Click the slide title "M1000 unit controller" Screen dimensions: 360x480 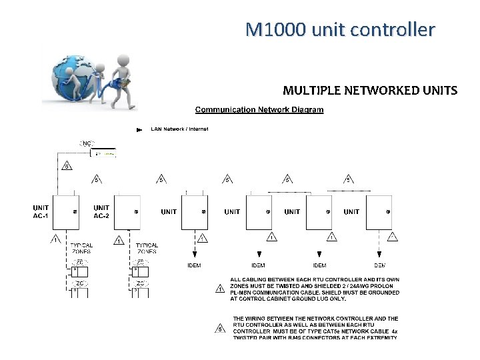pyautogui.click(x=340, y=29)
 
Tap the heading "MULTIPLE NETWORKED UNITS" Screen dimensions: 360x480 pyautogui.click(x=370, y=90)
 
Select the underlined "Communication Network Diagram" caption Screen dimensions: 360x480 pyautogui.click(x=259, y=109)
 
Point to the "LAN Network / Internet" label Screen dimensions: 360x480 pyautogui.click(x=179, y=129)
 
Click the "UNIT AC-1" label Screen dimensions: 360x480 pyautogui.click(x=41, y=211)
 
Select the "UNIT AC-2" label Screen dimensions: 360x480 pyautogui.click(x=101, y=211)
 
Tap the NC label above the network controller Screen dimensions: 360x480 pyautogui.click(x=87, y=143)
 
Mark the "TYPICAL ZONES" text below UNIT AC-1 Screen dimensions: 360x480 pyautogui.click(x=81, y=249)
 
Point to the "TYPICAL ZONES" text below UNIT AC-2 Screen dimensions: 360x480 pyautogui.click(x=147, y=249)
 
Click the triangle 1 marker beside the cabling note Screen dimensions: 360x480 pyautogui.click(x=220, y=289)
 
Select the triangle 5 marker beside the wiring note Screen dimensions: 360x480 pyautogui.click(x=220, y=327)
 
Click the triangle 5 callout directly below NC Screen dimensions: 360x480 pyautogui.click(x=66, y=166)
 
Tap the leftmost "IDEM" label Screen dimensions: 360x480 pyautogui.click(x=193, y=265)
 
